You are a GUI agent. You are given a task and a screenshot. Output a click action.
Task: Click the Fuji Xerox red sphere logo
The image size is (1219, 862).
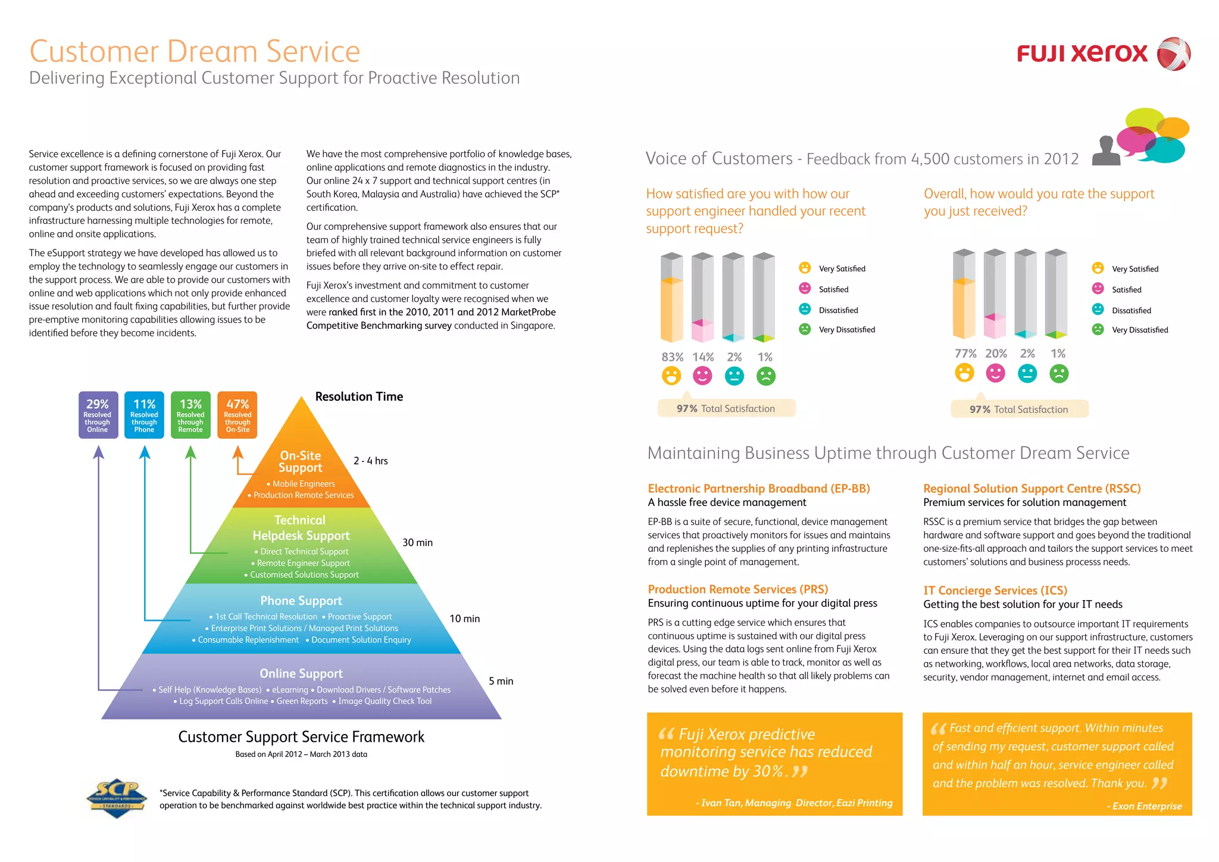[1173, 54]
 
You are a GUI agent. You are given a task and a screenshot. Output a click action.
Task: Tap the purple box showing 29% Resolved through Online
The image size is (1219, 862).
[98, 415]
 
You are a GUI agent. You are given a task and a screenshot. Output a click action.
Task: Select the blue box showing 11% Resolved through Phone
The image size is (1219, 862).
[144, 415]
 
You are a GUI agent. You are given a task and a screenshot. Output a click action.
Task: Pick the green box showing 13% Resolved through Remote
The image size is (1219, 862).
[190, 415]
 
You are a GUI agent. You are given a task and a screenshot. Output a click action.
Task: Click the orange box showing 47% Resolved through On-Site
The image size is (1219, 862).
[237, 415]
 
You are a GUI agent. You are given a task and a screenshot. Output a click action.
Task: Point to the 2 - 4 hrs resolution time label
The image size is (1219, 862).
[370, 461]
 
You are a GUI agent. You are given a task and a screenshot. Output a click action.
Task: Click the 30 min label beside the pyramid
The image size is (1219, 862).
[417, 542]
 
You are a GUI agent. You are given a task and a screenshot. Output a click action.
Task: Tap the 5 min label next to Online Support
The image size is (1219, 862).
[501, 681]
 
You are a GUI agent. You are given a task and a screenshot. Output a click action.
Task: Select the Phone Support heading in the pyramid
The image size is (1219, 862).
[301, 601]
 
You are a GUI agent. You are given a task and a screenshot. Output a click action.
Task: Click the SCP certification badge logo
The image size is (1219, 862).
[117, 798]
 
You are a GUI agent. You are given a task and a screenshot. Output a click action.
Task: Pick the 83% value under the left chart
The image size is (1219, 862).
[672, 357]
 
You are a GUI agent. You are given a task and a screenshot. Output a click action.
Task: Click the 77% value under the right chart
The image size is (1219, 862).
[965, 354]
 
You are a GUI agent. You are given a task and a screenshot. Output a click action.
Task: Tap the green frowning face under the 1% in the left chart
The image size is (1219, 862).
[765, 376]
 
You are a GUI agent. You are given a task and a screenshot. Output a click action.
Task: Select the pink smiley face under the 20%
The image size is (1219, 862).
[995, 373]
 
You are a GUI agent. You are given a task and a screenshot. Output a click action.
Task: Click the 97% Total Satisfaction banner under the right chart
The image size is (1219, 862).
[1019, 409]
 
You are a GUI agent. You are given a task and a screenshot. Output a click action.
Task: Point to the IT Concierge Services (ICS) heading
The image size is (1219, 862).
[995, 591]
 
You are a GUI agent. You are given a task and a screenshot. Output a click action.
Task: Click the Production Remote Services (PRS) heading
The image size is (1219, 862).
[738, 589]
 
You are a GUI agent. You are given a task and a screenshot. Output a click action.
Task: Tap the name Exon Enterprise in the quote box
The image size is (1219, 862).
[1147, 806]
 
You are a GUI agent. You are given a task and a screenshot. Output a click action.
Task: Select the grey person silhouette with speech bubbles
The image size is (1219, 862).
[1107, 151]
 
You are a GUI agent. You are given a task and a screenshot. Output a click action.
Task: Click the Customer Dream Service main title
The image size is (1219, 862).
[195, 52]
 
